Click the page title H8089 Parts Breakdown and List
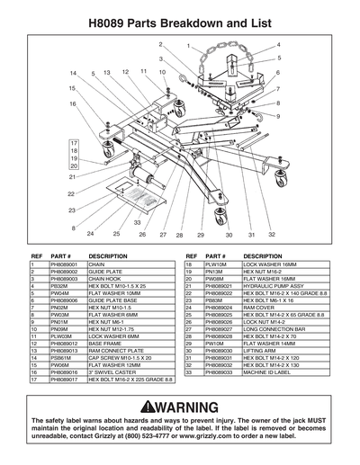(x=180, y=17)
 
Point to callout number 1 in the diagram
(x=188, y=45)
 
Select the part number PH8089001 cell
(x=67, y=266)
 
